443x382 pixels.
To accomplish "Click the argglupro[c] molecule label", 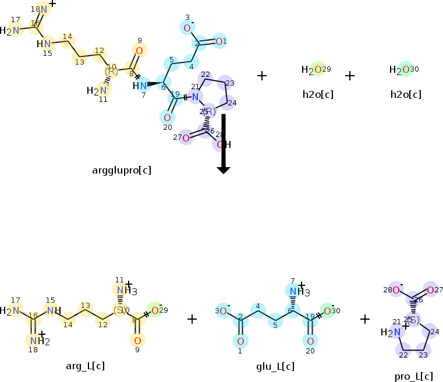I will click(x=122, y=171).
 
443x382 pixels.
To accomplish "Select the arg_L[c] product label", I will click(x=86, y=366).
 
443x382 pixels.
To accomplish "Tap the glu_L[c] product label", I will click(x=275, y=366).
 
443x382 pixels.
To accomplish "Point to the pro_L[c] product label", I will click(x=413, y=376).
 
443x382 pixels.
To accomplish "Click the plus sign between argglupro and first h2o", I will click(x=262, y=76).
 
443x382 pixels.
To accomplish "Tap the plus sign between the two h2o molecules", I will click(x=350, y=76).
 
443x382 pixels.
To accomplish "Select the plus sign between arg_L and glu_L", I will click(x=192, y=319).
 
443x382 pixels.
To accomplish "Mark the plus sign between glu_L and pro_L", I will click(x=365, y=319).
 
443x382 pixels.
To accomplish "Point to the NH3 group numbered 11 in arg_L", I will click(x=123, y=291).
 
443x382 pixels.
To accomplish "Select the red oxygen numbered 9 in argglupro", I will click(x=139, y=51).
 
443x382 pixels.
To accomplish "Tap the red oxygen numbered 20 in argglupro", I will click(x=167, y=117).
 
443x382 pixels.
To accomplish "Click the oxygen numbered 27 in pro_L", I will click(x=430, y=290).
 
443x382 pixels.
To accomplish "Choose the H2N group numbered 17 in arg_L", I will click(x=13, y=311).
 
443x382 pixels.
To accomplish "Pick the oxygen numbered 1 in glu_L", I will click(x=240, y=341).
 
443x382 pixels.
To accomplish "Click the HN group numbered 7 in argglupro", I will click(x=140, y=86).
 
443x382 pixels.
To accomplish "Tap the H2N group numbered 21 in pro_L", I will click(x=392, y=333).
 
